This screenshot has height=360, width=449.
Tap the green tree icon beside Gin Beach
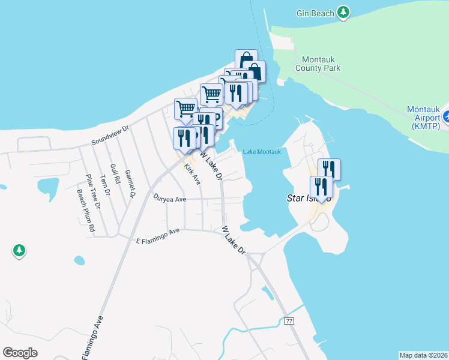pos(343,12)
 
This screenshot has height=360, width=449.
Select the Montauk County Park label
pos(318,64)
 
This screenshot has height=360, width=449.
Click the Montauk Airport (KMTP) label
pos(424,118)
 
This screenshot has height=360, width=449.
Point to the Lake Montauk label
pos(262,152)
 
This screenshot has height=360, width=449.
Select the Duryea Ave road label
pos(170,198)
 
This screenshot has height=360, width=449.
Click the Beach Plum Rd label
pos(85,211)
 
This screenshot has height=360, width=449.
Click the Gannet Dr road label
pos(130,184)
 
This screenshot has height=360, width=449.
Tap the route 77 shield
pos(289,322)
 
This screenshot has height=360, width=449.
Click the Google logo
pos(20,353)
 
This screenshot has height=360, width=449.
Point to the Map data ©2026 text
pos(423,355)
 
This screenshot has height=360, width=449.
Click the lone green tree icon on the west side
pos(19,250)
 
